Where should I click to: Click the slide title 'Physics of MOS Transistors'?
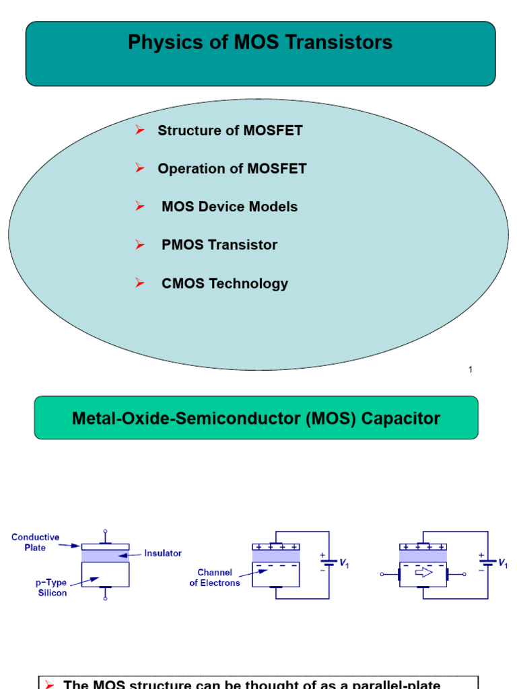click(x=260, y=43)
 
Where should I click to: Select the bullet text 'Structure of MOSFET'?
click(x=230, y=131)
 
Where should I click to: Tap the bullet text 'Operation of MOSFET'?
click(x=232, y=169)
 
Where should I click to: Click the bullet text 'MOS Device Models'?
click(x=229, y=207)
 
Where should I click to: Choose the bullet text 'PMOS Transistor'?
click(x=219, y=245)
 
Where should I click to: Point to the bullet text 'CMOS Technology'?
click(x=224, y=283)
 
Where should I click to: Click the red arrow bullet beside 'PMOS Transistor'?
click(x=140, y=245)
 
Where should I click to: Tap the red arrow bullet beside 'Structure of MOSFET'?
click(x=140, y=130)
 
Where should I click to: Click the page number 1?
click(x=471, y=369)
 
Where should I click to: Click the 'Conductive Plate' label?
click(x=35, y=542)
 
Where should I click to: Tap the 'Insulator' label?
click(x=163, y=553)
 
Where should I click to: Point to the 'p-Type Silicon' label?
click(x=51, y=587)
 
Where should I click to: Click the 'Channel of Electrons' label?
click(x=215, y=578)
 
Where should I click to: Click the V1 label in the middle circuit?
click(x=343, y=563)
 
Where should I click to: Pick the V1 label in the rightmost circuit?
click(x=502, y=563)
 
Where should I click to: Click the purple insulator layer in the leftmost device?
click(x=105, y=556)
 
